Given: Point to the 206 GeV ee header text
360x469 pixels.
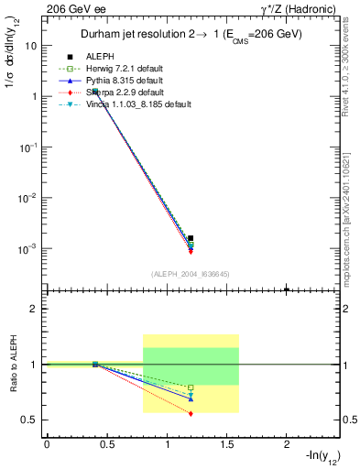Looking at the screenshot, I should (x=71, y=7).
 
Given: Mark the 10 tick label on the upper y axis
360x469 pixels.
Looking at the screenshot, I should (x=32, y=45).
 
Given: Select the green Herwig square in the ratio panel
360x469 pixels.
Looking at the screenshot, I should (x=191, y=388).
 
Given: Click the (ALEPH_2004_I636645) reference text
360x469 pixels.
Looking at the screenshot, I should (x=190, y=274).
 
